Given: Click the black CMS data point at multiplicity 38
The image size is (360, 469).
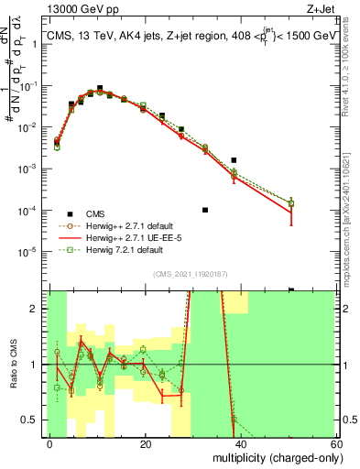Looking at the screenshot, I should pyautogui.click(x=234, y=160).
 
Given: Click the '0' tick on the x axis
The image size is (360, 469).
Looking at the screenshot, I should pyautogui.click(x=49, y=443).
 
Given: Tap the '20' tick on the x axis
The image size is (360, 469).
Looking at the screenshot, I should pyautogui.click(x=145, y=443).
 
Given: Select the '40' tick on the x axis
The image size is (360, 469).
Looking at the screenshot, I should pyautogui.click(x=241, y=443).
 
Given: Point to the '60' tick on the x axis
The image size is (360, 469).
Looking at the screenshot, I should pyautogui.click(x=336, y=443).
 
